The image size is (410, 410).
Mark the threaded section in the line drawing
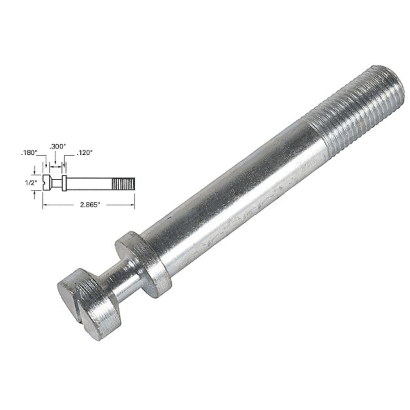[124, 183]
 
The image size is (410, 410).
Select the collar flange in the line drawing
[64, 183]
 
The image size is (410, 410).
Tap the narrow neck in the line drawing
[57, 183]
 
